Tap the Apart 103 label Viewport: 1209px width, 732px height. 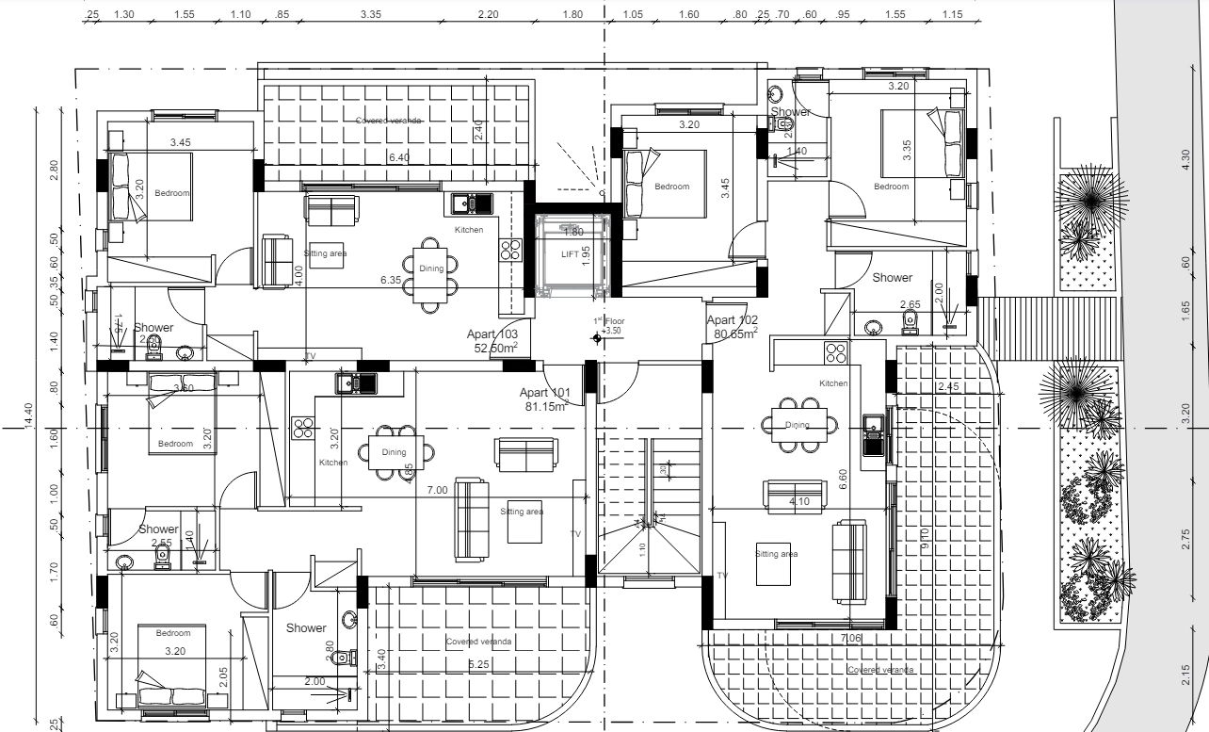(492, 334)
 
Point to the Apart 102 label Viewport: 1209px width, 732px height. (733, 320)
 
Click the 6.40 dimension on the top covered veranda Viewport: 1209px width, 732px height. (399, 157)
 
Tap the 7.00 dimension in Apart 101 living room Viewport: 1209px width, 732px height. (437, 491)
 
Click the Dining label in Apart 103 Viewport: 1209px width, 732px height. (431, 268)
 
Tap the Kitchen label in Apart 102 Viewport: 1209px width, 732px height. (833, 383)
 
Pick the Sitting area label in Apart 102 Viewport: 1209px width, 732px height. (776, 554)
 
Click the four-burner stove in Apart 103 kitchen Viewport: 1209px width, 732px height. (510, 250)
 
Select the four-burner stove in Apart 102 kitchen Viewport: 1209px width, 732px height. (836, 353)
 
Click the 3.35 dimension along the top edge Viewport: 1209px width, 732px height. (370, 15)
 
